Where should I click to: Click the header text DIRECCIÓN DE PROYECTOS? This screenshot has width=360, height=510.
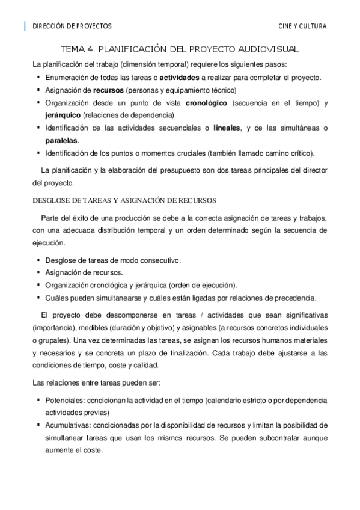pyautogui.click(x=72, y=26)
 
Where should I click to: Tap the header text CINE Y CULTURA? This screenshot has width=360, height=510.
pyautogui.click(x=304, y=26)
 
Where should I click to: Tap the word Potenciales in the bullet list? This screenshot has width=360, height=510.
pyautogui.click(x=65, y=399)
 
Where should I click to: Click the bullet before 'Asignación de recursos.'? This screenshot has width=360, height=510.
pyautogui.click(x=39, y=272)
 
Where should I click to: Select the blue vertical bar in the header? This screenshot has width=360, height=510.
pyautogui.click(x=25, y=26)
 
